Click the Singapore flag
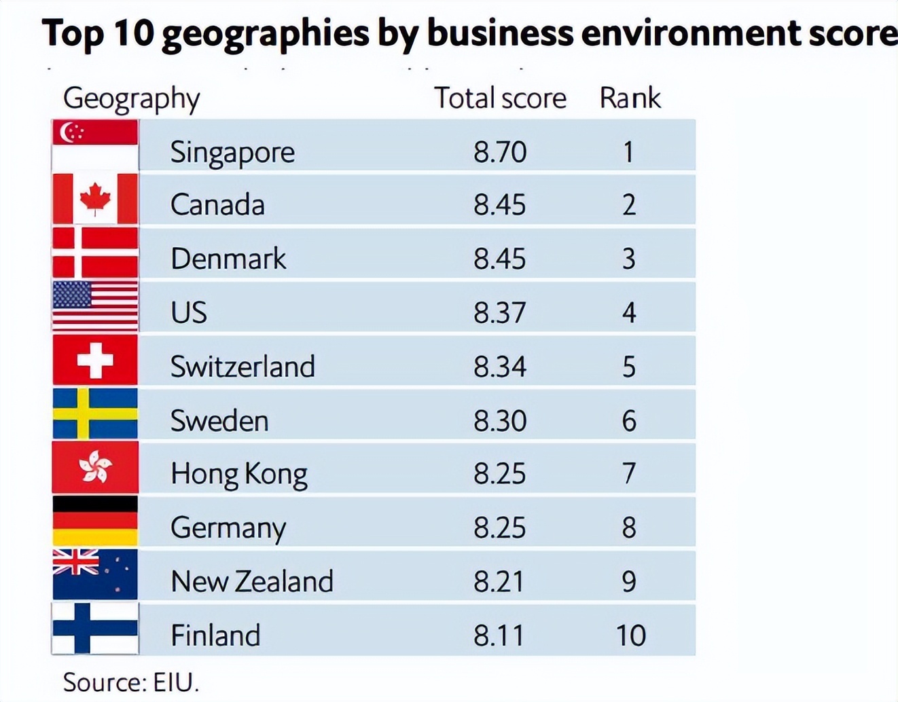[x=95, y=145]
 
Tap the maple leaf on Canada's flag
[x=95, y=198]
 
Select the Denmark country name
[x=228, y=259]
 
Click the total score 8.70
[x=500, y=151]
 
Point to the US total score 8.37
[x=500, y=312]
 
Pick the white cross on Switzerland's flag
[x=95, y=360]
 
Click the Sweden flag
[x=95, y=413]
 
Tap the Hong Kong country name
[x=238, y=474]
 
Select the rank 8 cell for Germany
[x=629, y=528]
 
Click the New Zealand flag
[x=95, y=574]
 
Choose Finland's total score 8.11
[x=499, y=635]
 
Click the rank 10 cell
[x=630, y=635]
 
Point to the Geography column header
[x=131, y=99]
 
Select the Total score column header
[x=500, y=98]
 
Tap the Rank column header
[x=630, y=98]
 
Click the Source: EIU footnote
[x=131, y=682]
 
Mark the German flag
[x=95, y=521]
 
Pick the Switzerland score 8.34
[x=500, y=367]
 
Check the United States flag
[x=95, y=306]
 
